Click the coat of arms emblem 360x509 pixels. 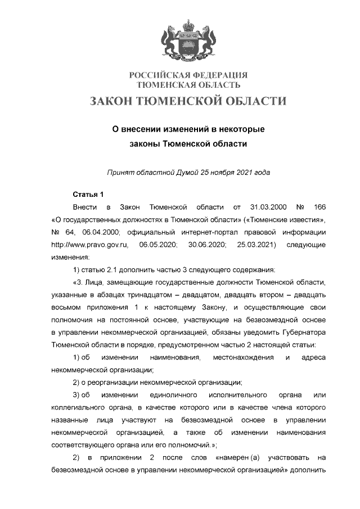pyautogui.click(x=188, y=40)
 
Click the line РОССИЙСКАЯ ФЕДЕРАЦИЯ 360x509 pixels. pyautogui.click(x=188, y=75)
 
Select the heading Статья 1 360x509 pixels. pyautogui.click(x=88, y=195)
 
